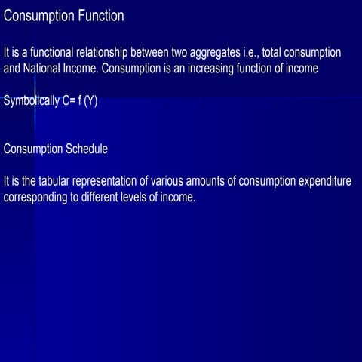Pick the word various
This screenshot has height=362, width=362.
click(173, 183)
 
